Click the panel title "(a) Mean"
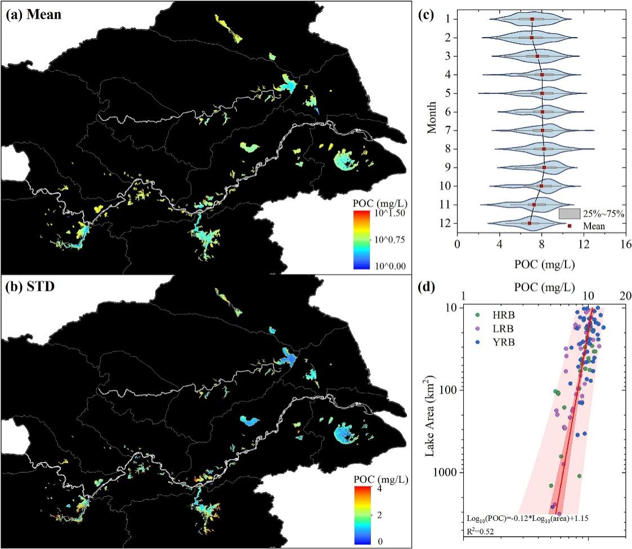coord(33,15)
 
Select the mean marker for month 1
coord(532,19)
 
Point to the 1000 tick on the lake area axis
coord(445,472)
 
